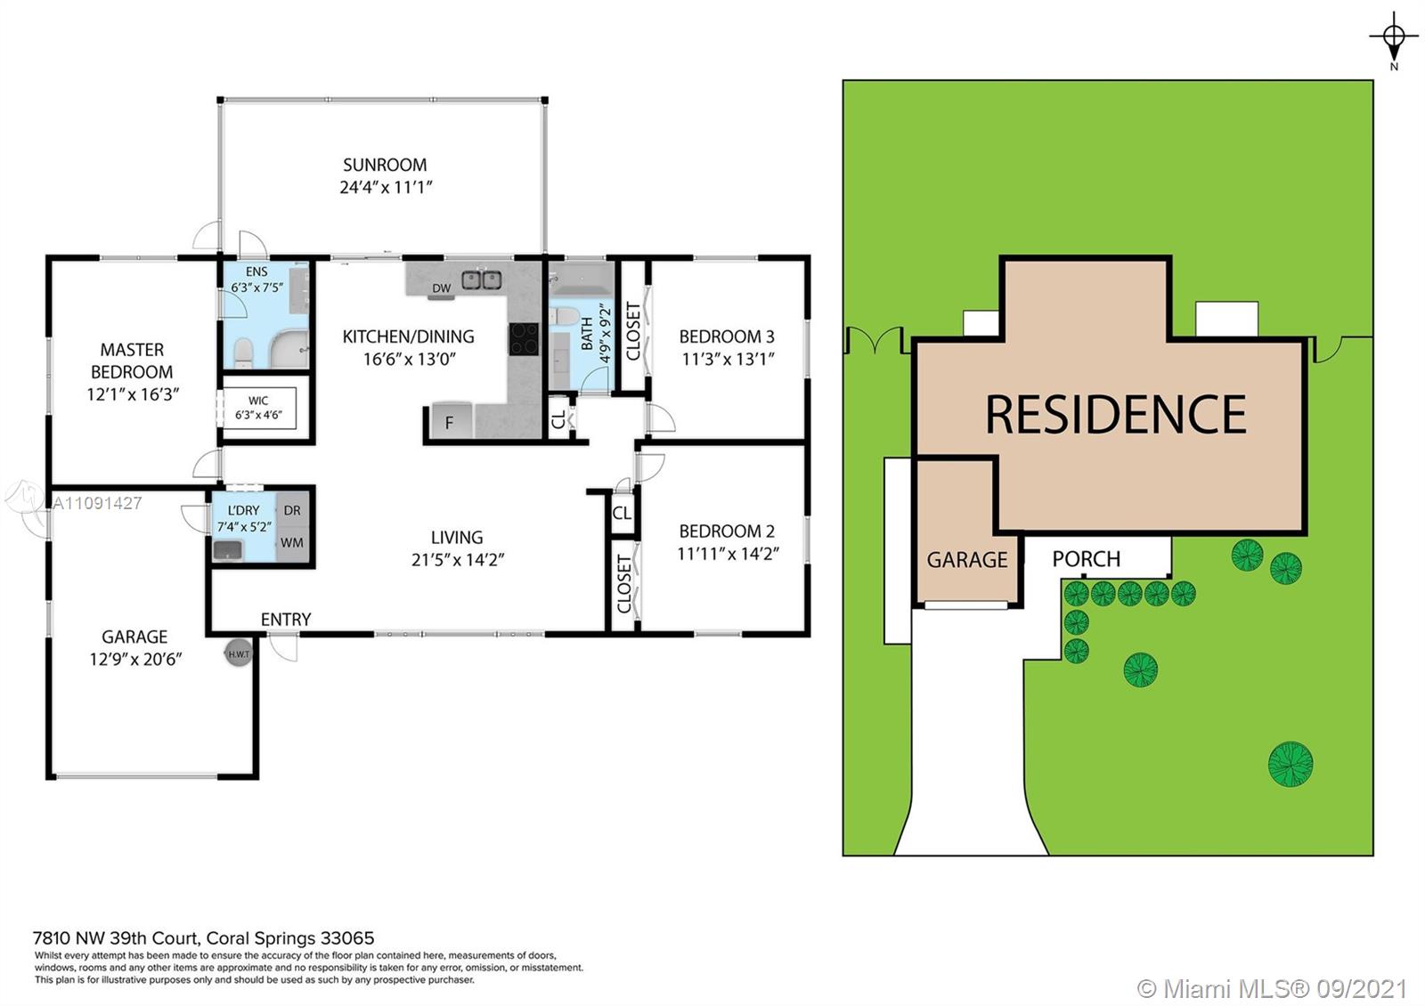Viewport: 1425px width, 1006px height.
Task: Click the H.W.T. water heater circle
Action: (x=239, y=653)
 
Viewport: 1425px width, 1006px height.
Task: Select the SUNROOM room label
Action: (x=385, y=165)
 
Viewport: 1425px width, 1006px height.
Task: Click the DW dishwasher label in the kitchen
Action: (x=442, y=288)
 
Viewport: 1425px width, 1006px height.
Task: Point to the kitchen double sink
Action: (x=482, y=280)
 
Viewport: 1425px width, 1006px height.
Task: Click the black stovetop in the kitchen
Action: (x=524, y=339)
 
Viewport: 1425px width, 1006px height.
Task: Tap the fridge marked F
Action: (x=451, y=422)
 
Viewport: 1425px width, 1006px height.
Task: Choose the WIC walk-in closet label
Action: (x=258, y=401)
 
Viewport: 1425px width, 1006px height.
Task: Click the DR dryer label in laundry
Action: (x=292, y=510)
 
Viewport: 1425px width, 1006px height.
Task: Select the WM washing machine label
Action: (x=292, y=542)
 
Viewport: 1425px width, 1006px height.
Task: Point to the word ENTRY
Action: (x=286, y=620)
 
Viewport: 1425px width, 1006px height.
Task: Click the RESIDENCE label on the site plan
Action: (x=1116, y=415)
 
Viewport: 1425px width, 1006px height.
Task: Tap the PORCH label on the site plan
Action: (x=1086, y=559)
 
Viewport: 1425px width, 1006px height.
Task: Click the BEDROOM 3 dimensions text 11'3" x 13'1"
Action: (x=728, y=360)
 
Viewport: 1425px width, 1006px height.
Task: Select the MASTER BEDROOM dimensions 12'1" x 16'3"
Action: (x=133, y=394)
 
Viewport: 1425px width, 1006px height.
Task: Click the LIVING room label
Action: (x=457, y=538)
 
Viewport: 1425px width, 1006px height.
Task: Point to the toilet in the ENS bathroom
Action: (x=244, y=353)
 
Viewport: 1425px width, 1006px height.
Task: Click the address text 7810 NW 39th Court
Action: (x=117, y=938)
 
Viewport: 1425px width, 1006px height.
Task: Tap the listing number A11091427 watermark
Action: (x=97, y=504)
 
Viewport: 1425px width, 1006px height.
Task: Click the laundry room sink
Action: (x=228, y=550)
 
